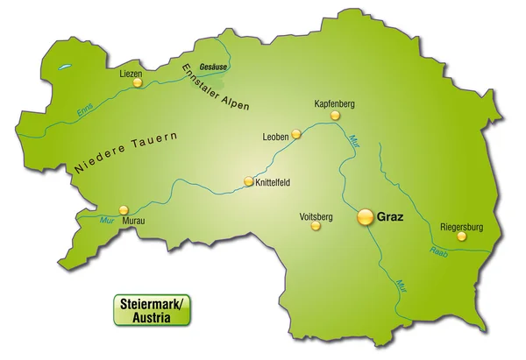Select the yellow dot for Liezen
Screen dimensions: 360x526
pos(136,85)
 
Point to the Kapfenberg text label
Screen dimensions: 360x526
pos(334,104)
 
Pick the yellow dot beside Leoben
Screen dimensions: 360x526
pos(296,134)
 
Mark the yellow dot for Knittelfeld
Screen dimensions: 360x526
pos(248,182)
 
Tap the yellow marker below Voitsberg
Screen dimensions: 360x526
pos(316,225)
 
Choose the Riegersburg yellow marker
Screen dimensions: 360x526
pos(461,236)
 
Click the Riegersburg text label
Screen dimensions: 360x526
pos(460,222)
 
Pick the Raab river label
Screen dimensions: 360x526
pos(438,253)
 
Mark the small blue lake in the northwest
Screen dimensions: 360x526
pos(61,67)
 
